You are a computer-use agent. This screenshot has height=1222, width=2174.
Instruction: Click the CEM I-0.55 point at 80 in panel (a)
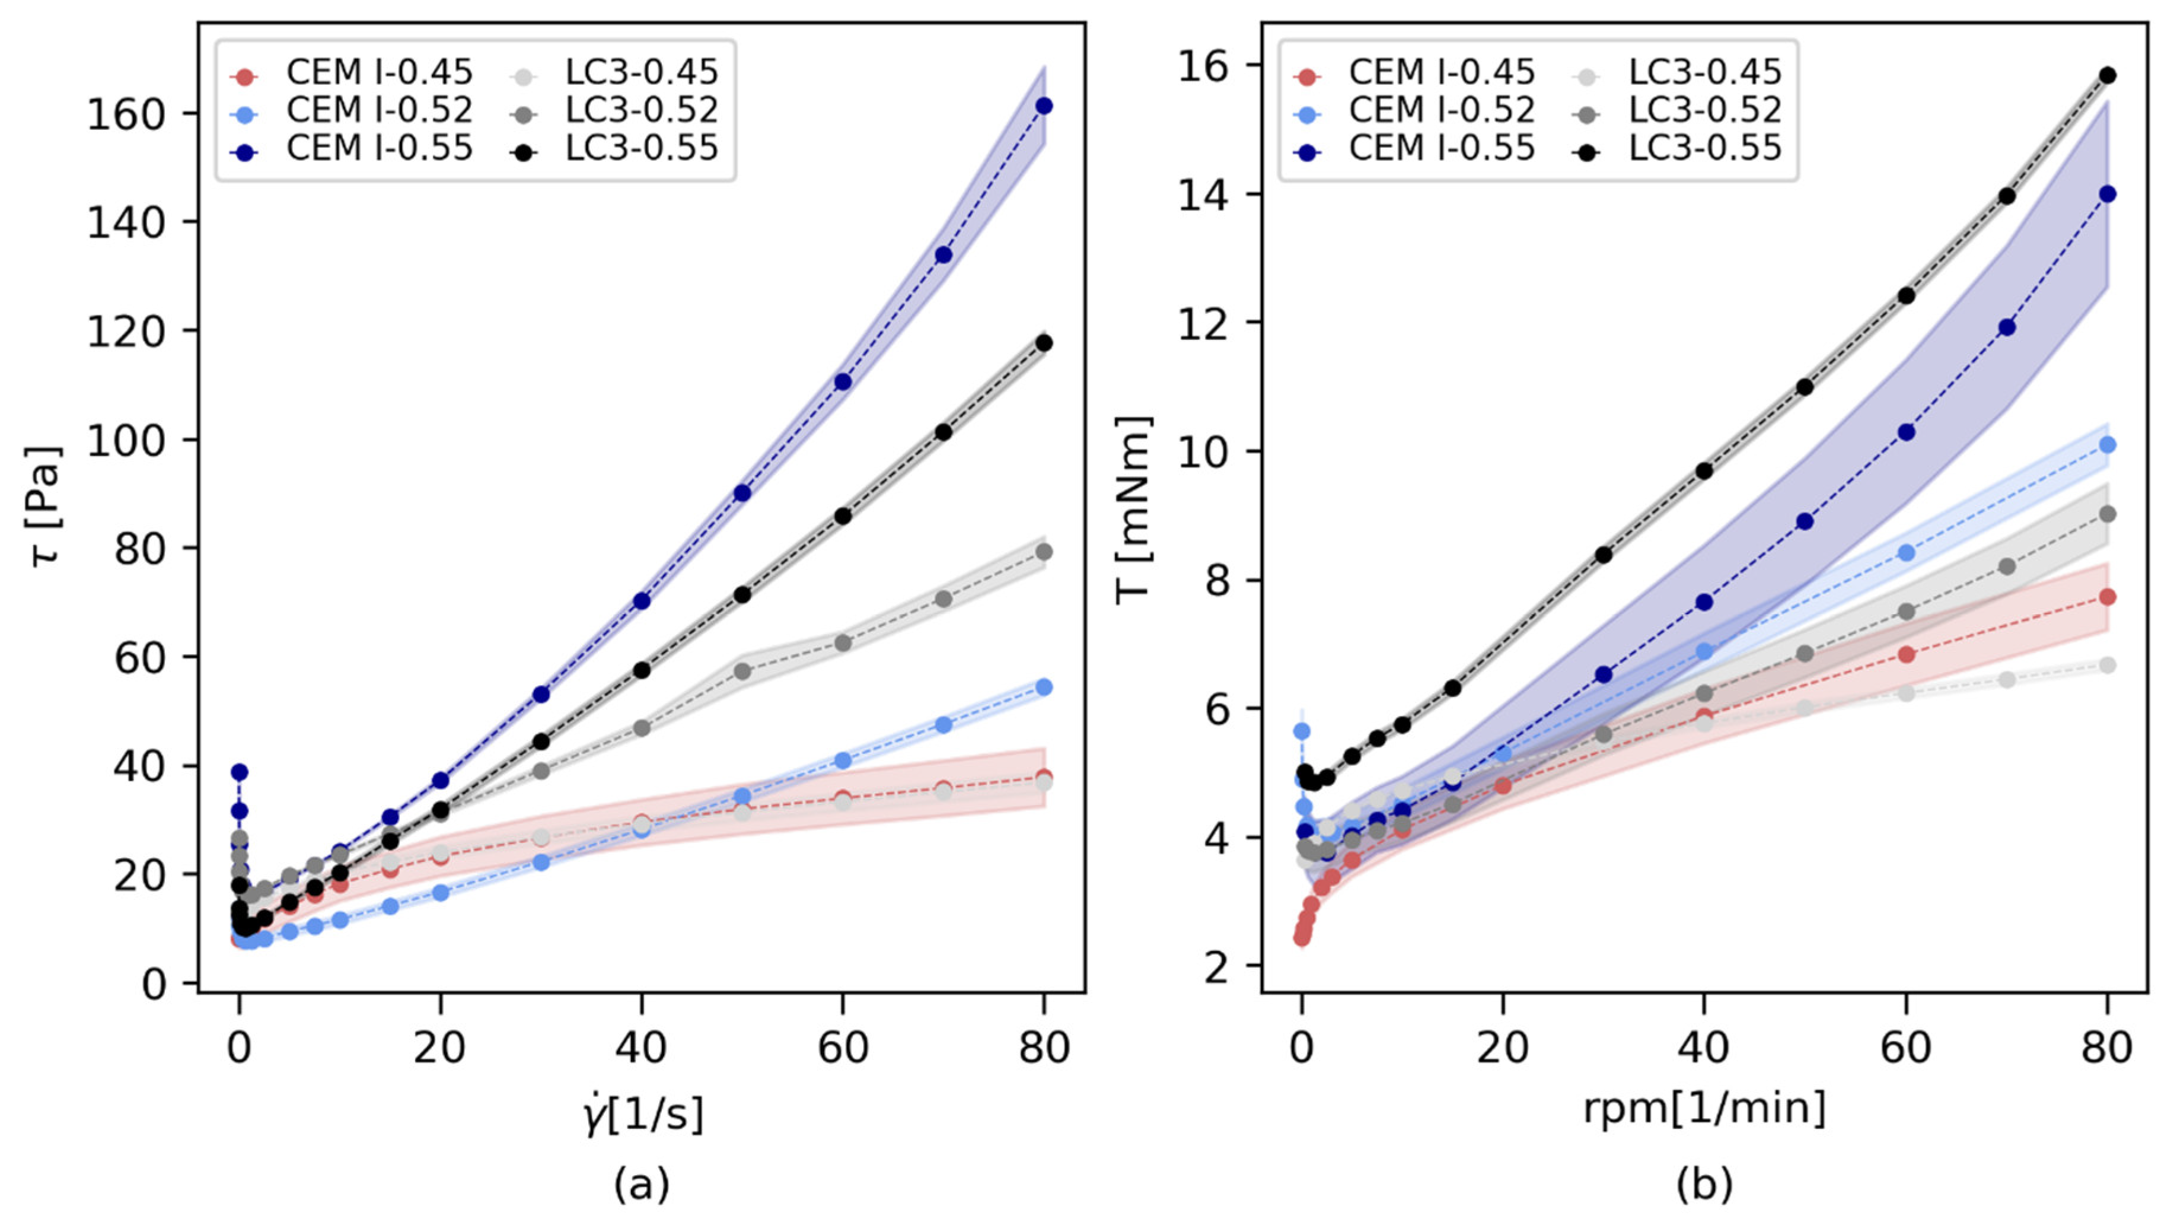click(1044, 106)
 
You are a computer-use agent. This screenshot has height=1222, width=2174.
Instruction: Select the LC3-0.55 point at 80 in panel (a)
click(1044, 343)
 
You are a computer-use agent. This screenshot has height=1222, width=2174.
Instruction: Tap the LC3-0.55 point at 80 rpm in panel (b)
click(2108, 75)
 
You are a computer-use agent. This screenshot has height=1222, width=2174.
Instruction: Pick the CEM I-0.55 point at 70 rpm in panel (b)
click(2007, 327)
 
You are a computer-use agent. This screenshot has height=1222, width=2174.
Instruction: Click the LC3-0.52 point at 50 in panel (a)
click(742, 672)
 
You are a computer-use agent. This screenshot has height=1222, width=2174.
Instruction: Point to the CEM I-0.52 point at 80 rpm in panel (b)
click(2108, 445)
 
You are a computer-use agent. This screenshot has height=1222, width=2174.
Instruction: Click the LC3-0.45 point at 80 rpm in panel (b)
click(2108, 665)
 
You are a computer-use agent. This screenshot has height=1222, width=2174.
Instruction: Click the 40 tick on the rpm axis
click(1704, 1048)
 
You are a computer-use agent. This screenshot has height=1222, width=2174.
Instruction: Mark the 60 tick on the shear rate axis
click(842, 1048)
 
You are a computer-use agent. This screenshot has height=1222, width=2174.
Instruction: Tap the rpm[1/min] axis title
click(1704, 1108)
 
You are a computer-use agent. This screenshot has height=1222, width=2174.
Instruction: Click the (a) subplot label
click(642, 1185)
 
